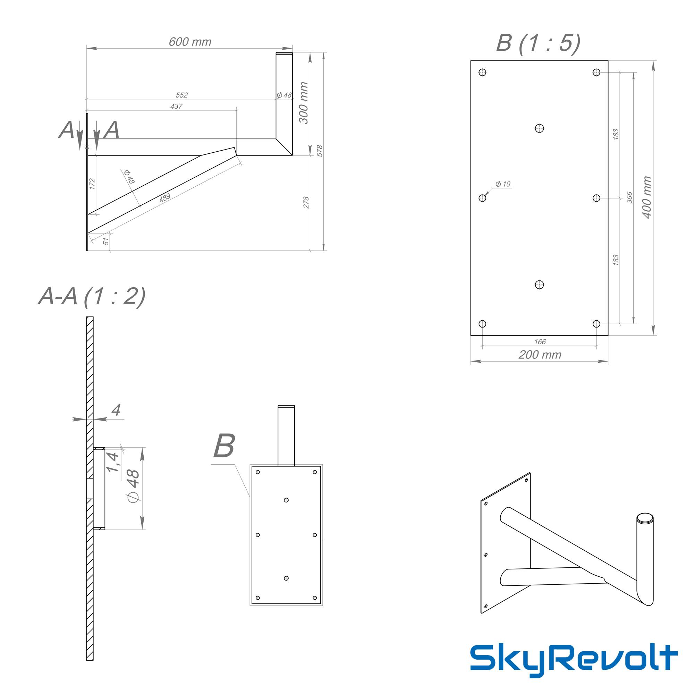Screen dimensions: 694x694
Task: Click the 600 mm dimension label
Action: (190, 42)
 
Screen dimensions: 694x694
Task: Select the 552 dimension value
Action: (181, 95)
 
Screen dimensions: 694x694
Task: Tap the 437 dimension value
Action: (176, 106)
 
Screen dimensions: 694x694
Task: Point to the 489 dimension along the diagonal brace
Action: (164, 197)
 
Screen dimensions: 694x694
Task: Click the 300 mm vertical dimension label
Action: (304, 103)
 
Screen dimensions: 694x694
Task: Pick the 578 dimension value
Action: (320, 151)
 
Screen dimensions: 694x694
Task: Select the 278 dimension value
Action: (306, 203)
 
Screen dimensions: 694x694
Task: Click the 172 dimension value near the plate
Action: (92, 184)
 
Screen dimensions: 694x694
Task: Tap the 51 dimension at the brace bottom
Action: (106, 242)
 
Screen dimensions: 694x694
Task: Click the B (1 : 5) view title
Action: (538, 43)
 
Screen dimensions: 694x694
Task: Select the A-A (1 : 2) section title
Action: (92, 297)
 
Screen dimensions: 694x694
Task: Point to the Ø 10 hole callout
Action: (502, 184)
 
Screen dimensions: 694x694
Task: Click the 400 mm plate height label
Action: (646, 197)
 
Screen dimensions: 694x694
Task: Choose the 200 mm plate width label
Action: (540, 355)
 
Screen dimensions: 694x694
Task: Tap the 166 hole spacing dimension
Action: (540, 341)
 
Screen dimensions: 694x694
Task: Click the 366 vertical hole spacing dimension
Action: (629, 197)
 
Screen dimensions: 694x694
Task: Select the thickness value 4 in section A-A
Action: (116, 410)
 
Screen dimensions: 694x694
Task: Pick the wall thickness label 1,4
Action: (112, 462)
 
